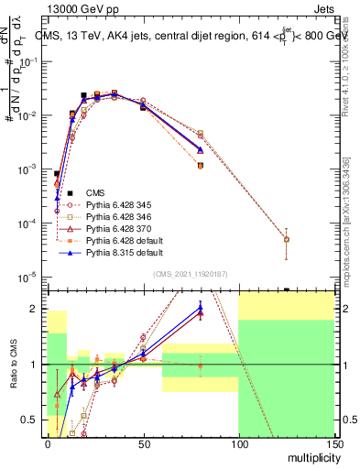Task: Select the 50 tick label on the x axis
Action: [143, 442]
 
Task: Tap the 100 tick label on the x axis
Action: [238, 442]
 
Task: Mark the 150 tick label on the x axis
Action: [333, 442]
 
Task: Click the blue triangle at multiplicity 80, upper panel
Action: [200, 149]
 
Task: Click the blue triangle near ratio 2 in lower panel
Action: [200, 308]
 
